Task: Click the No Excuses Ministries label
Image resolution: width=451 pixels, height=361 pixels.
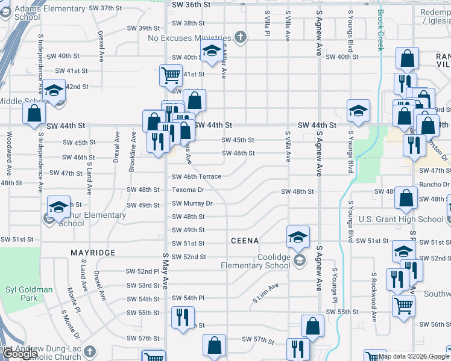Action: [x=189, y=38]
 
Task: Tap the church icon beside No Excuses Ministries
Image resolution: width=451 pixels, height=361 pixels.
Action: [x=241, y=38]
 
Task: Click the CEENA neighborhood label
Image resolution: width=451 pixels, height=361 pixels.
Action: [x=245, y=241]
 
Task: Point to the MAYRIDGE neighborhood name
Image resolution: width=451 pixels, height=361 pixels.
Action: [x=92, y=253]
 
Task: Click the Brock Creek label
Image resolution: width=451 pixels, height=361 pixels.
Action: [x=380, y=30]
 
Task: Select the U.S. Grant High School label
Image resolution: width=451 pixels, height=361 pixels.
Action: [x=401, y=219]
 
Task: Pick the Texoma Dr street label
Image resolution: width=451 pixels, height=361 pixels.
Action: [x=188, y=190]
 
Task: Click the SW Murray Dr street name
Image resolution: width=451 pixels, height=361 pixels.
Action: [x=192, y=203]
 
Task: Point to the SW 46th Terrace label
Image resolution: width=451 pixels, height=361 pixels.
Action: [x=197, y=176]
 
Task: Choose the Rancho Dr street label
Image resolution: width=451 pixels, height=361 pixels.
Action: [x=435, y=184]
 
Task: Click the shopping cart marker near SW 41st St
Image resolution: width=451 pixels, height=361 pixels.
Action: [x=171, y=76]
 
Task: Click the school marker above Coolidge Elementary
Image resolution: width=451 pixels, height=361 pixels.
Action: [x=298, y=236]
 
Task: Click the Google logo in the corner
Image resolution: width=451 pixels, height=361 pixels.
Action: [x=20, y=354]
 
